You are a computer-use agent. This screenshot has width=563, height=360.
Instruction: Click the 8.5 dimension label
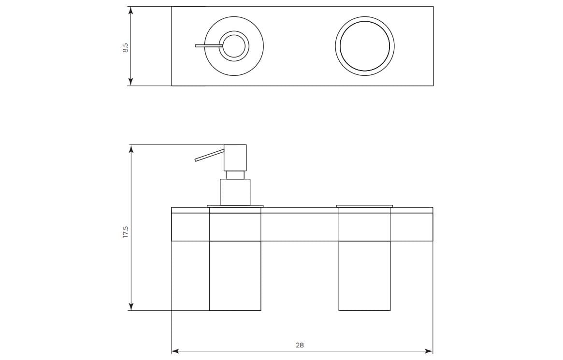point(125,47)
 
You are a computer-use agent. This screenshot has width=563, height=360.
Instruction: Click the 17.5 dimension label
point(125,231)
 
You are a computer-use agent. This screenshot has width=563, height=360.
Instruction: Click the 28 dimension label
point(300,345)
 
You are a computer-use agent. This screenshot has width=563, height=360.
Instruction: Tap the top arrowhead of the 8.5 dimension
point(130,10)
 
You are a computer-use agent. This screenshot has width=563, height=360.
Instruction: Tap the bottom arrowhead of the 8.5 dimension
point(130,82)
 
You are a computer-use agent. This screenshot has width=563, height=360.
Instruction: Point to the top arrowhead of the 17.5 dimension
point(130,148)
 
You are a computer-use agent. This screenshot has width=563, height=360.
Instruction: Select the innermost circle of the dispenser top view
point(234,46)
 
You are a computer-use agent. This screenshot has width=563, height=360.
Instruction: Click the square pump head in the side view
point(235,157)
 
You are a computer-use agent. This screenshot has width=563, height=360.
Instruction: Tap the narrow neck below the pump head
point(235,174)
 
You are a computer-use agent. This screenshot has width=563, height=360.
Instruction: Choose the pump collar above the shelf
point(235,192)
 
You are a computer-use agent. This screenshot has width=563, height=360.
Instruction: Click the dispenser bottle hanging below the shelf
point(235,275)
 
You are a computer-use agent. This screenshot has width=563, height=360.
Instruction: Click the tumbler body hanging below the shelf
point(364,275)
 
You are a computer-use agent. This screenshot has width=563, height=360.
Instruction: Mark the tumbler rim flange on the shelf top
point(364,206)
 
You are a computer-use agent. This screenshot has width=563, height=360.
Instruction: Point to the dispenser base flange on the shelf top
point(235,206)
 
